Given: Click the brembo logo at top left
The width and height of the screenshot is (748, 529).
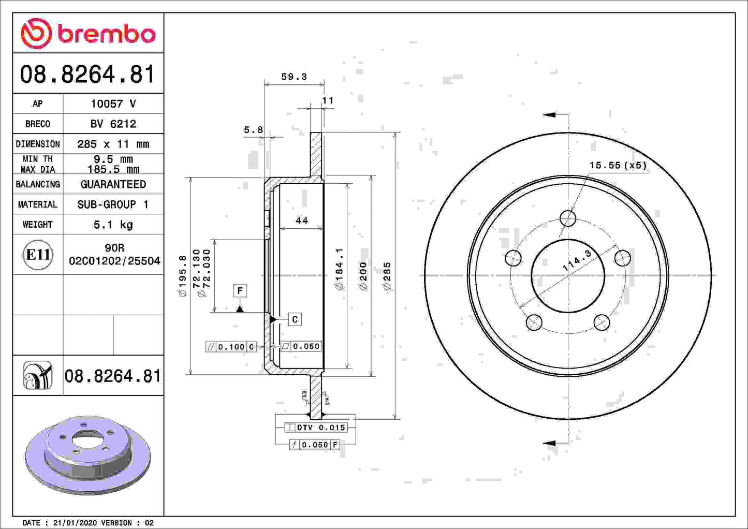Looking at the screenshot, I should click(88, 34).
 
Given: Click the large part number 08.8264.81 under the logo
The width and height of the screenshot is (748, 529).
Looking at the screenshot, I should click(87, 75).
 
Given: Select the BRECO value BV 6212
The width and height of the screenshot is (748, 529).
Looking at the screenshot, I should click(113, 124).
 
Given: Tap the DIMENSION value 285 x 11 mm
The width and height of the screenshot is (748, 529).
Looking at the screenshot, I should click(113, 144).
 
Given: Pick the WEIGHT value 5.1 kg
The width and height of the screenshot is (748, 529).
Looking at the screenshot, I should click(113, 225).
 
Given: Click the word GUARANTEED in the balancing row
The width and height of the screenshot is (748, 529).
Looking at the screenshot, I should click(113, 184).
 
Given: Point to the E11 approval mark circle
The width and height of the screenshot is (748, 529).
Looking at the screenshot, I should click(38, 255).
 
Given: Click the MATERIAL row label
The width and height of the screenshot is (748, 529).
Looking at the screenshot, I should click(38, 204).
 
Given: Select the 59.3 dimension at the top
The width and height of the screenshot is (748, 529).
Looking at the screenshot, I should click(294, 77).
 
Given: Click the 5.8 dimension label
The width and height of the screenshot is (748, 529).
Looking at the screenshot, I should click(254, 130).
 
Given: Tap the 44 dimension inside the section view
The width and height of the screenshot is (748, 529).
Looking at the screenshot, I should click(302, 221).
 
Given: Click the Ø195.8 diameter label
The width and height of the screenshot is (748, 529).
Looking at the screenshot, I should click(182, 275).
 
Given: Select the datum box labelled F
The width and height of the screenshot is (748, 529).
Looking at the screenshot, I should click(240, 290).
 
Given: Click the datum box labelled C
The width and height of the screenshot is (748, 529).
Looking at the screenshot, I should click(295, 319).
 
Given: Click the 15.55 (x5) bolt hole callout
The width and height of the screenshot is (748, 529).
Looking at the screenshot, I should click(618, 165).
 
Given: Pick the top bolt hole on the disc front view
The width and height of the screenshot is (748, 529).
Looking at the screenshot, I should click(568, 218).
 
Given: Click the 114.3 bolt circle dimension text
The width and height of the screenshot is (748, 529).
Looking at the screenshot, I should click(577, 260).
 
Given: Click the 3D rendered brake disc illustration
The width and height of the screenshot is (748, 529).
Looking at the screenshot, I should click(88, 454).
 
